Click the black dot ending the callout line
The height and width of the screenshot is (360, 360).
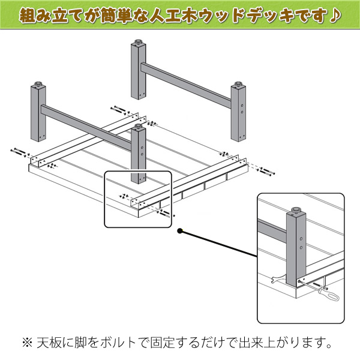coord(180,231)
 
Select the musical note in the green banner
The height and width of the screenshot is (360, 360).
coord(335,15)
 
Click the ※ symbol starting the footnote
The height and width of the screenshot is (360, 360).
coord(28,343)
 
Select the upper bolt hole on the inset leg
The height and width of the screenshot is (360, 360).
coord(301,239)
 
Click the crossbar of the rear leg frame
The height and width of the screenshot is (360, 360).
coord(186,85)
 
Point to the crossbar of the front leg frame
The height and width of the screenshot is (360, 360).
coord(86,128)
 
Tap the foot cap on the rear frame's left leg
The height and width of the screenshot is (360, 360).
coord(138,41)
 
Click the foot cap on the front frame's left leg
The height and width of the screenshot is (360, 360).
coord(38,83)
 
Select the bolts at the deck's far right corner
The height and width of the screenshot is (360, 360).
coord(266,172)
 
